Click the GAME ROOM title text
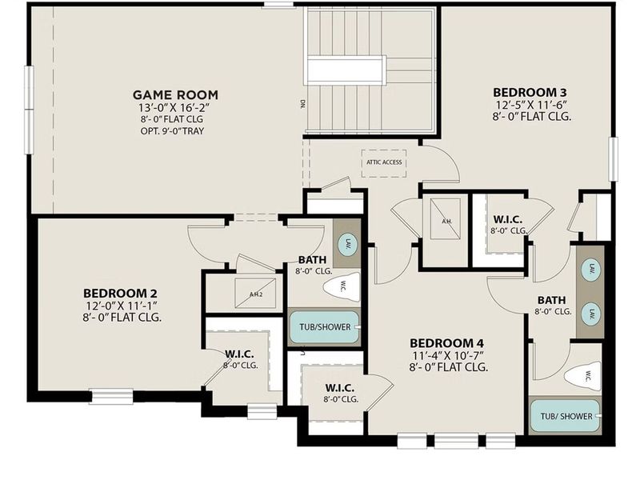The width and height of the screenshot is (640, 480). click(x=174, y=94)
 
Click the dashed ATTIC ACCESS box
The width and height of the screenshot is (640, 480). click(x=384, y=162)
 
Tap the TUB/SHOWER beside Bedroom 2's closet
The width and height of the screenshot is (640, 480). click(x=324, y=327)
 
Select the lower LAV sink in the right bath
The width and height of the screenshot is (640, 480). click(x=590, y=313)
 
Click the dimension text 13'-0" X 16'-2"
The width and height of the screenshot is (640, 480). click(x=174, y=106)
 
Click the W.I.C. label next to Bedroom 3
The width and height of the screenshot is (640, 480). click(x=509, y=218)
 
